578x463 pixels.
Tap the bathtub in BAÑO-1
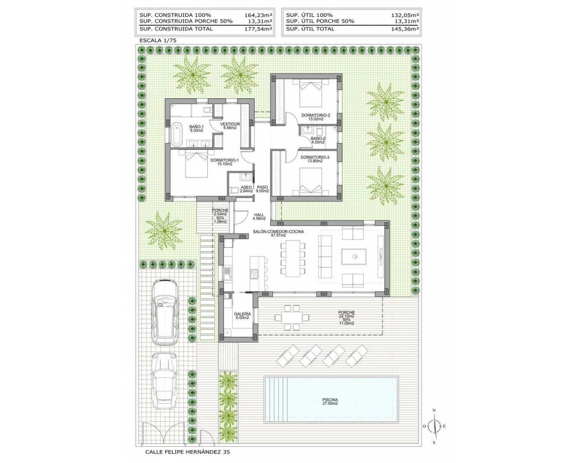177,135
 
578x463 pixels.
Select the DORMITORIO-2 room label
316,117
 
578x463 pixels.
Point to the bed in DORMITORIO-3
311,182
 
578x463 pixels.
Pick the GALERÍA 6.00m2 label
242,316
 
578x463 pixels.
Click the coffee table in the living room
354,257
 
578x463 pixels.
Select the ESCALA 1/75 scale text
158,41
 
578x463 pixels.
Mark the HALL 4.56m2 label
259,217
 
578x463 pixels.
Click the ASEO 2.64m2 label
246,189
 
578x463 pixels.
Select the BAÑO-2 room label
318,141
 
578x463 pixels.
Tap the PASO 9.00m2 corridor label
263,189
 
